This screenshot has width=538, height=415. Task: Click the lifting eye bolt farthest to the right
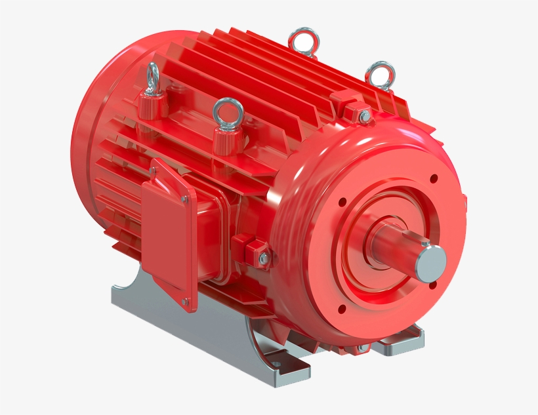tap(380, 74)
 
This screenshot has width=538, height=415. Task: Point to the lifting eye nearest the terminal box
tap(227, 112)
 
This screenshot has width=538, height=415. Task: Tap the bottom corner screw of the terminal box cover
tap(186, 302)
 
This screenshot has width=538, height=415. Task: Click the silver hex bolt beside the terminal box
tap(263, 260)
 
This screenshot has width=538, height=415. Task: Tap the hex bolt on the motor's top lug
tap(364, 117)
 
